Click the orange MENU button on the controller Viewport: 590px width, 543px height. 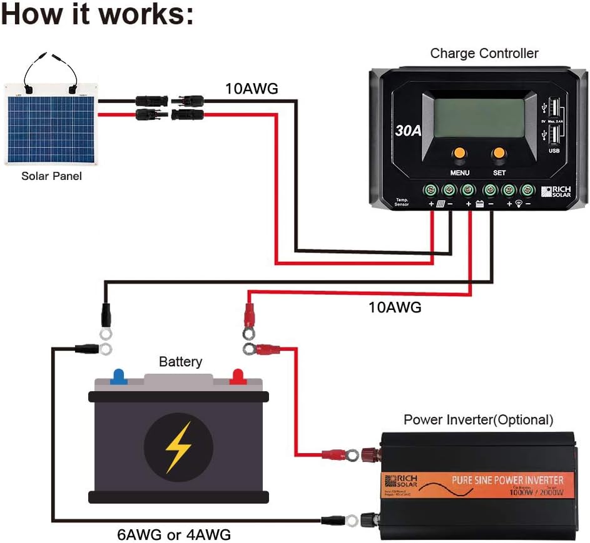[x=460, y=153]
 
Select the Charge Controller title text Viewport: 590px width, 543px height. [x=484, y=54]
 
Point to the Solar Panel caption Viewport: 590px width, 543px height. [x=51, y=176]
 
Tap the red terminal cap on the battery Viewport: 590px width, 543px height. [x=238, y=376]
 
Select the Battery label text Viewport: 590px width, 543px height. [x=180, y=361]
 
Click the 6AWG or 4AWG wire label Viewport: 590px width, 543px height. [x=173, y=535]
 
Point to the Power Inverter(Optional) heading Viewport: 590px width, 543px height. [x=479, y=419]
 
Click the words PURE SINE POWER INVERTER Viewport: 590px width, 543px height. [x=507, y=480]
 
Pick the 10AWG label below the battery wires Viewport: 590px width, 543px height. [x=394, y=307]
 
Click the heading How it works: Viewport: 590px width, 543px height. [x=97, y=15]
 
